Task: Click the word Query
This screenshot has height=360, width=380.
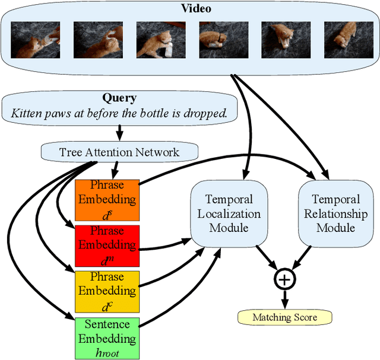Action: click(119, 98)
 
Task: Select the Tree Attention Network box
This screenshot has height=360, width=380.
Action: click(119, 152)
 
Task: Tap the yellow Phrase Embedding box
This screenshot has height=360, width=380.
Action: click(107, 291)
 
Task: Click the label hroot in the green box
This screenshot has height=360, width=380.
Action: click(107, 352)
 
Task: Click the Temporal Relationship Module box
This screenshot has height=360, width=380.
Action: click(335, 214)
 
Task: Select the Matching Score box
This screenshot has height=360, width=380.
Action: click(284, 317)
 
